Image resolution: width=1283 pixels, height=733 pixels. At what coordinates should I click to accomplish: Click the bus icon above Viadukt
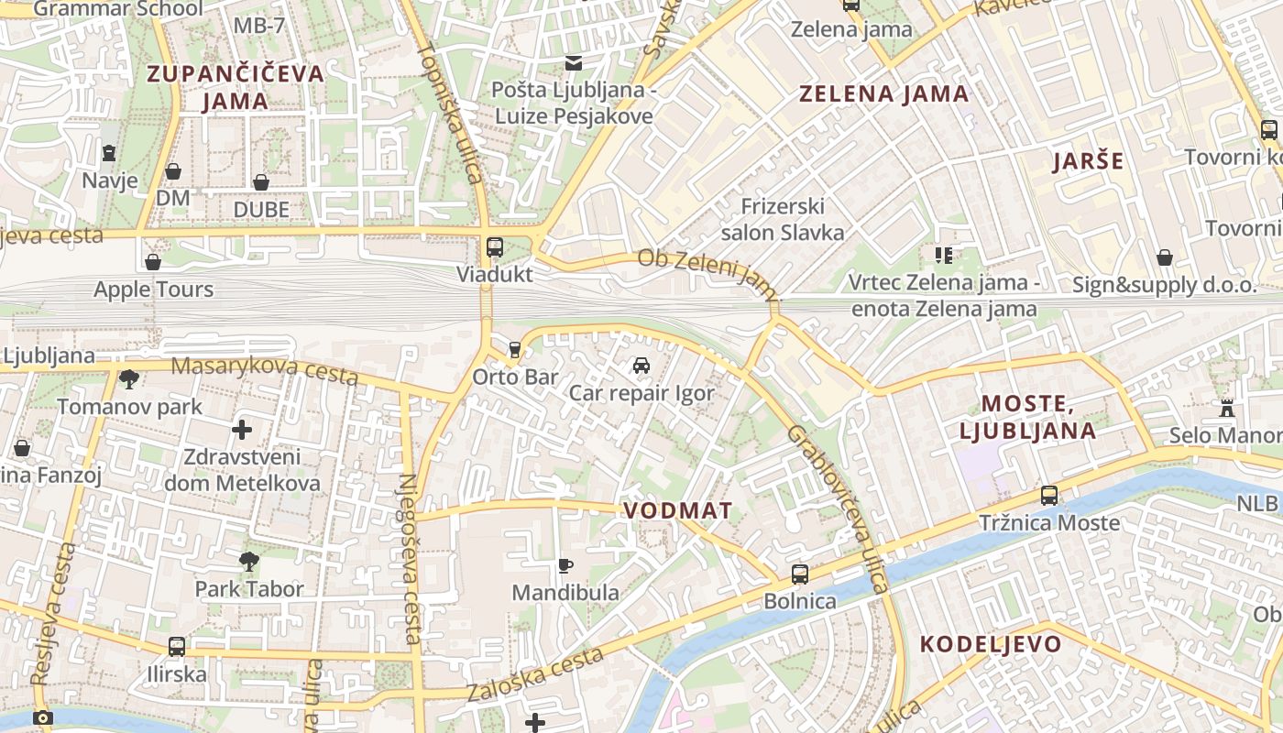(x=495, y=246)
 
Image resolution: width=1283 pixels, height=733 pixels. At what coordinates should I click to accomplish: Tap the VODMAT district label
(x=678, y=510)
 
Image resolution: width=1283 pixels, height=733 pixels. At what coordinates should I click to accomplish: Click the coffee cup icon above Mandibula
(x=565, y=565)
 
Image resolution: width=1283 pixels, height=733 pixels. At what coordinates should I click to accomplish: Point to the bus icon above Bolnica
(x=800, y=574)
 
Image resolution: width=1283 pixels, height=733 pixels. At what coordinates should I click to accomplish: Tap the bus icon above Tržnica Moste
(x=1049, y=496)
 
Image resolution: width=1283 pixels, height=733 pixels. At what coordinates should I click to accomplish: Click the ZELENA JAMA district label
(x=883, y=93)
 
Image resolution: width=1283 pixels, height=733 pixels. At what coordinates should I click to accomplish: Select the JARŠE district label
(x=1088, y=162)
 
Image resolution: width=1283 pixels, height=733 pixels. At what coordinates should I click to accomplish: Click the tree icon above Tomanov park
(x=129, y=378)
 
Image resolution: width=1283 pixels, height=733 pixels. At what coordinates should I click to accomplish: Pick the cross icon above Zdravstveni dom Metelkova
(x=242, y=429)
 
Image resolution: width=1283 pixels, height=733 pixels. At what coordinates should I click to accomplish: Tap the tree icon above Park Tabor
(x=248, y=562)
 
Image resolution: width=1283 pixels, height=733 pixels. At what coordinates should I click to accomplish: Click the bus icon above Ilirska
(x=177, y=647)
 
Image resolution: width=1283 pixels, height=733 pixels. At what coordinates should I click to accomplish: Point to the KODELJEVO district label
(x=991, y=643)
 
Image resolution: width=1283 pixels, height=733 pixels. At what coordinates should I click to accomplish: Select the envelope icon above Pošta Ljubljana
(x=574, y=63)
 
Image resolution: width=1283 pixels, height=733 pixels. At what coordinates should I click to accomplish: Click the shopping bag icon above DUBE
(x=261, y=182)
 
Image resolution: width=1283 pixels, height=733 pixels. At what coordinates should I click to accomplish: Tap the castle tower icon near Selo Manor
(x=1227, y=408)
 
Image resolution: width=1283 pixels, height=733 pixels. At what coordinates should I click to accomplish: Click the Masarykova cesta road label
(x=265, y=369)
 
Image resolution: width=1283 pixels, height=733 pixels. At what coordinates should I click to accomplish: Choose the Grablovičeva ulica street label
(x=839, y=509)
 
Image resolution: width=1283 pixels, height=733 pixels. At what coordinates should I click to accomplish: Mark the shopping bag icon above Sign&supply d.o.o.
(x=1164, y=257)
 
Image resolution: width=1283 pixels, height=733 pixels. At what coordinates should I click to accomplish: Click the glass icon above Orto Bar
(x=514, y=349)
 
